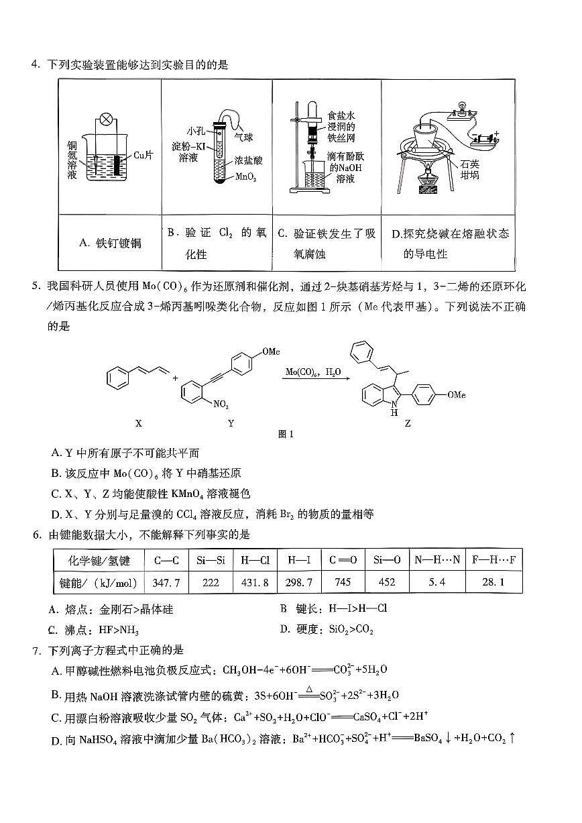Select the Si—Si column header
tap(211, 560)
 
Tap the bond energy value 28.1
tap(493, 582)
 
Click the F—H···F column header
tap(493, 560)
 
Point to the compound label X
tap(138, 423)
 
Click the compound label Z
tap(408, 423)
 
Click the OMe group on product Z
tap(455, 395)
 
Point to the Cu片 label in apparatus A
tap(143, 155)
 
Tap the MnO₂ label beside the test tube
tap(246, 177)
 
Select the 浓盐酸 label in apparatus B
tap(247, 162)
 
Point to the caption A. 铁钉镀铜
tap(110, 243)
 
